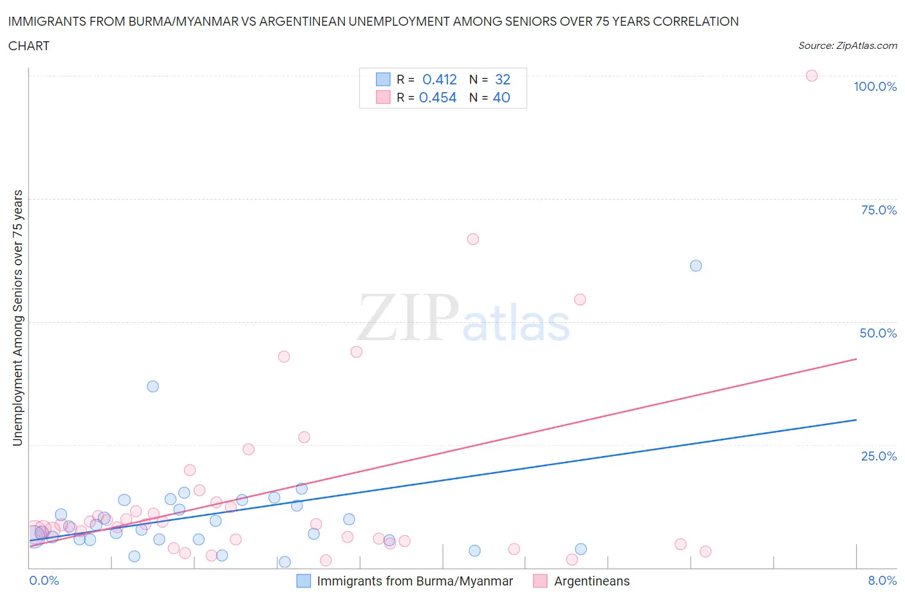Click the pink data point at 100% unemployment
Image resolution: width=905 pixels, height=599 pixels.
(x=812, y=76)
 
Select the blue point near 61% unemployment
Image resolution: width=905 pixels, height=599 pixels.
(x=696, y=266)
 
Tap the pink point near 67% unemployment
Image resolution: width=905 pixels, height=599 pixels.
(x=473, y=239)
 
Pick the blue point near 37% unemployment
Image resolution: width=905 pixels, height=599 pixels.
(x=153, y=386)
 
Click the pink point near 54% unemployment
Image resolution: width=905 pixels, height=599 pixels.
(x=580, y=299)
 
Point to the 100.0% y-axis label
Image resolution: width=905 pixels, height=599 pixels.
(x=875, y=86)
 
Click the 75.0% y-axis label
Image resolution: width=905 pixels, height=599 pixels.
(x=879, y=210)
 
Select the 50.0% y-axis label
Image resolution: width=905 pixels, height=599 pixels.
(x=878, y=333)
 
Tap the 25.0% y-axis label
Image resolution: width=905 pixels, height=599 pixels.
(x=879, y=456)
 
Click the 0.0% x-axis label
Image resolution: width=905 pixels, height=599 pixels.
(x=44, y=580)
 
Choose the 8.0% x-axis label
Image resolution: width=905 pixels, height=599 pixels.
(x=882, y=580)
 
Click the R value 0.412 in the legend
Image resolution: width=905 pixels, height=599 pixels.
(x=440, y=79)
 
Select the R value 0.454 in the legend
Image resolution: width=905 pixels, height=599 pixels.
(x=438, y=97)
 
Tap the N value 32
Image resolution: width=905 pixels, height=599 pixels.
(x=503, y=79)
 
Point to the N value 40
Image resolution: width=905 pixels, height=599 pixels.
(x=501, y=97)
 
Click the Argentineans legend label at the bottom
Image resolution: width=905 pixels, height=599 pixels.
(x=592, y=581)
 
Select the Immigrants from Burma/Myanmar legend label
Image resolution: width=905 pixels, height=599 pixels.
(x=415, y=581)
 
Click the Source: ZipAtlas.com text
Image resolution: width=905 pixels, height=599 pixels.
(x=847, y=46)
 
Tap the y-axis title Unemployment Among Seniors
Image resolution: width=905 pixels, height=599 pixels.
(x=18, y=318)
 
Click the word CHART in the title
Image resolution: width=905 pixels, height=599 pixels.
(x=29, y=46)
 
